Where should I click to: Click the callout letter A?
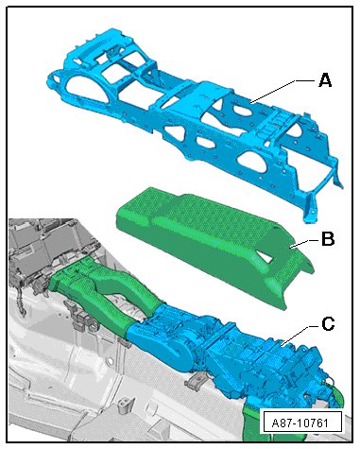325,80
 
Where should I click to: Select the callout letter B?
328,239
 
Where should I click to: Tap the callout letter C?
328,324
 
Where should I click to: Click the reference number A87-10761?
300,423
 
